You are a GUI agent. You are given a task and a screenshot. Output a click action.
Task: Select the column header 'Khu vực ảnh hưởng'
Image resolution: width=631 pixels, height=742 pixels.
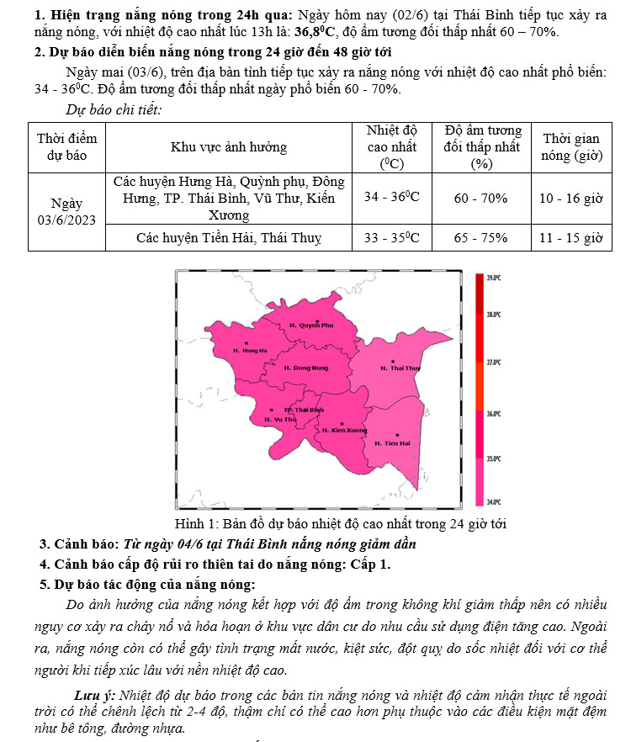tap(229, 147)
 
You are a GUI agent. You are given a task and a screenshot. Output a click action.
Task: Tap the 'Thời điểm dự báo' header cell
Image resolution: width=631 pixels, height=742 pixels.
tap(66, 146)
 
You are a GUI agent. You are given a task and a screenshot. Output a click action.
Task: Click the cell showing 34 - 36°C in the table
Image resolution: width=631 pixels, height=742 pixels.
tap(392, 198)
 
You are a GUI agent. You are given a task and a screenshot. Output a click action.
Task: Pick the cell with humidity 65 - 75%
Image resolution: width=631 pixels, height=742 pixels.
tap(480, 237)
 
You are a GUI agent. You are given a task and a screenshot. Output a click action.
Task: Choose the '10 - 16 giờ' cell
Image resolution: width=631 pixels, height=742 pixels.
tap(571, 198)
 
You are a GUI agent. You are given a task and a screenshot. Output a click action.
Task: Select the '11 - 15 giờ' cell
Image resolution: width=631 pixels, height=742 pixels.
tap(571, 237)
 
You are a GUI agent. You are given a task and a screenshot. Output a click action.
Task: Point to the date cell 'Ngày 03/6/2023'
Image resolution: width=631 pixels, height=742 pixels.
tap(66, 211)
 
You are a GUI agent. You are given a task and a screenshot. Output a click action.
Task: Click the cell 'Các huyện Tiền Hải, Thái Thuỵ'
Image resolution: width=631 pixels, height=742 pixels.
tap(229, 237)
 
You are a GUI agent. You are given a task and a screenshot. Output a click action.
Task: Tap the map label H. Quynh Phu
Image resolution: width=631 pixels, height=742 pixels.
tap(310, 325)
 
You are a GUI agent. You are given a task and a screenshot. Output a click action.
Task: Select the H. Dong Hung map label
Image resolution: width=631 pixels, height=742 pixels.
tap(306, 368)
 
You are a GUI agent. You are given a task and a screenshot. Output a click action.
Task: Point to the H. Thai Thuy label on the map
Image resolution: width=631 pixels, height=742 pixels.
tap(400, 368)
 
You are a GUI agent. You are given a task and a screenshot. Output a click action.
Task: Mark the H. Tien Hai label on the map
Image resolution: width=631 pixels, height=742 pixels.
tap(392, 443)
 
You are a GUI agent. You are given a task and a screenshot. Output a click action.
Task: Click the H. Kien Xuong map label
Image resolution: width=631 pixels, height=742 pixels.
tap(344, 430)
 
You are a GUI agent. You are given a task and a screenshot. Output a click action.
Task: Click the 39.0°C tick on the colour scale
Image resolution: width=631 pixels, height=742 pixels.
tap(494, 277)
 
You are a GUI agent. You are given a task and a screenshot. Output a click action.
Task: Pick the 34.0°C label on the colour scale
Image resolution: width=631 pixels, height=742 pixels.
tap(494, 501)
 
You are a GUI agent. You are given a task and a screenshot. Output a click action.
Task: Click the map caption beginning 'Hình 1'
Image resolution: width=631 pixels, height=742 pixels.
tap(340, 523)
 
